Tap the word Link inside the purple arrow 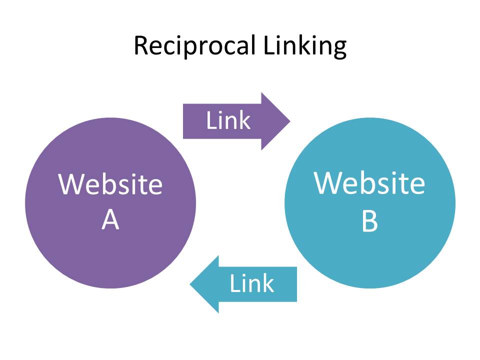pos(228,120)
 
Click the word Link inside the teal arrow pos(251,283)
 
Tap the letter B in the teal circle pos(369,221)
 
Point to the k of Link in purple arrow pos(244,120)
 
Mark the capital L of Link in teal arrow pos(234,283)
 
